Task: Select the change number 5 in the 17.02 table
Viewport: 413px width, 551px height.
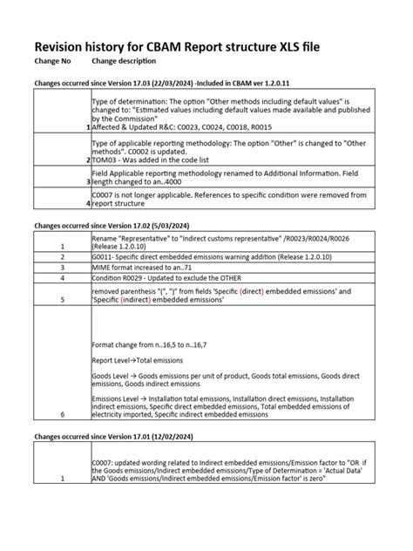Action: pos(62,298)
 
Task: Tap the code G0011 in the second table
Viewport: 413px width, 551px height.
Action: pos(102,256)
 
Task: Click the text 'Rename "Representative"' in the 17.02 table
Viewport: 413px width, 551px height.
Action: pos(131,235)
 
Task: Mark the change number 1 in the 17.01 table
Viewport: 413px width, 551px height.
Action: pos(62,480)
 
